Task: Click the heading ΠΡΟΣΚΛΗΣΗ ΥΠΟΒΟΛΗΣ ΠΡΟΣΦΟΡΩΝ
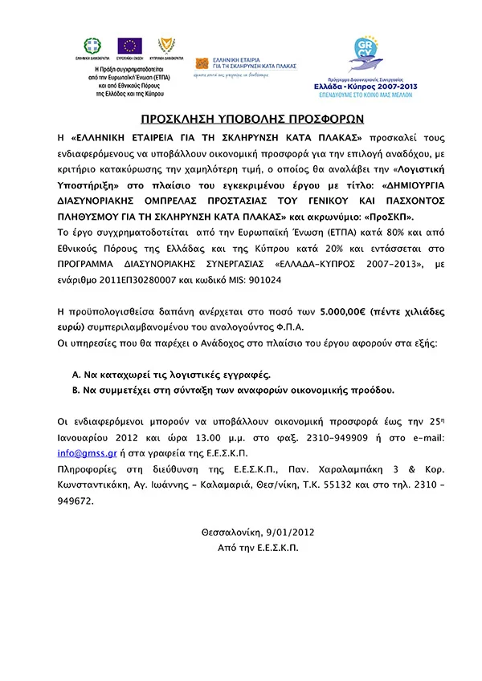pos(241,116)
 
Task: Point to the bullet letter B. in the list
pos(76,390)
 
